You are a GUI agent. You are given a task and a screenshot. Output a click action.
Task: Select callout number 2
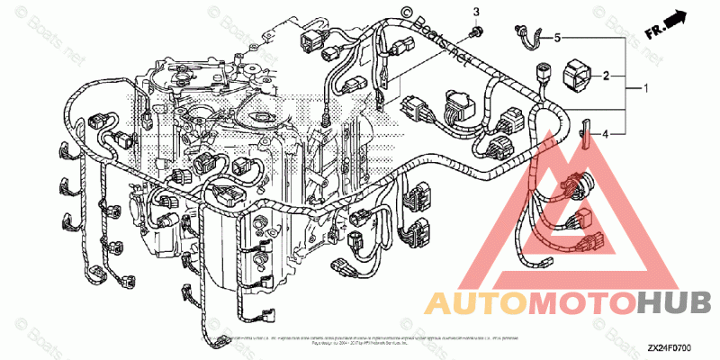(x=607, y=76)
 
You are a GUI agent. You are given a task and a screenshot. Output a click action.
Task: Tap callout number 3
(x=478, y=12)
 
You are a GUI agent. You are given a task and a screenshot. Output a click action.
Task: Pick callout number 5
(x=557, y=38)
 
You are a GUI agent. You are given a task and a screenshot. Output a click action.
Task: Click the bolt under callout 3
(x=474, y=33)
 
